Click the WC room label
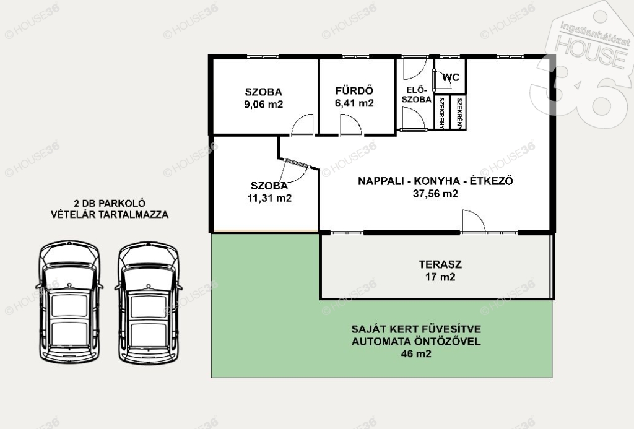click(x=451, y=77)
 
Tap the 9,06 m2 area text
click(x=263, y=105)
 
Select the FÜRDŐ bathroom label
click(x=354, y=90)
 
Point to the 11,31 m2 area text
click(x=269, y=198)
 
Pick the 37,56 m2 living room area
click(x=435, y=194)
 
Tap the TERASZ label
click(x=440, y=264)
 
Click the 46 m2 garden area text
click(x=416, y=354)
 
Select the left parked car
click(x=69, y=301)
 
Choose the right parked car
click(x=149, y=301)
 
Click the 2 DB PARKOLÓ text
click(x=110, y=204)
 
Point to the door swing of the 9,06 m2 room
click(x=302, y=124)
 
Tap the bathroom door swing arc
click(x=350, y=124)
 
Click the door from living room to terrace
click(x=474, y=221)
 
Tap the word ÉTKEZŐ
click(x=491, y=181)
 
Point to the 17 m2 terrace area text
click(x=440, y=277)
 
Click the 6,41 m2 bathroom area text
click(x=354, y=103)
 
